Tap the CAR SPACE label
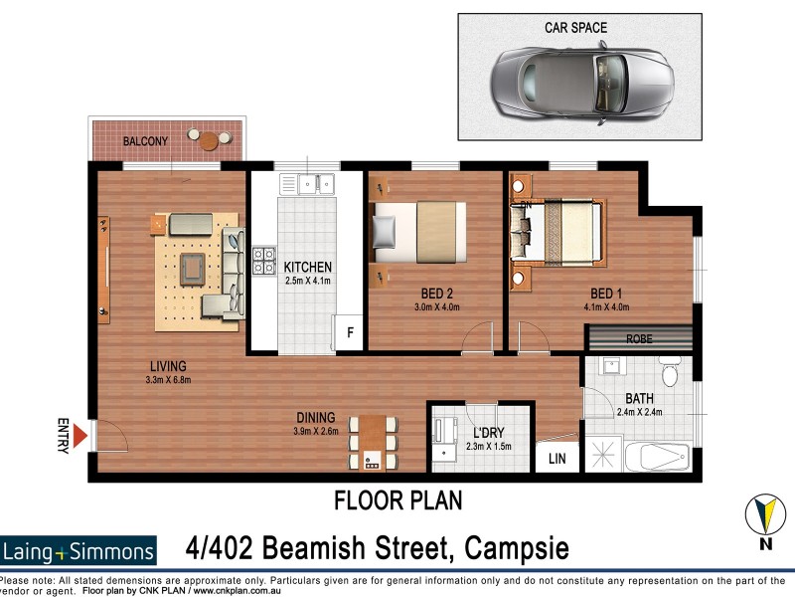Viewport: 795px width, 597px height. click(575, 28)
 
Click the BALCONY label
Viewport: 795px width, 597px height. click(145, 142)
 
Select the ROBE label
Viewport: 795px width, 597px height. click(639, 338)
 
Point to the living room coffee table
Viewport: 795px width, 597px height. click(192, 267)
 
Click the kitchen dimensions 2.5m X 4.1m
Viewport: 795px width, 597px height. click(307, 282)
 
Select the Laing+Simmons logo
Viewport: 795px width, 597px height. click(79, 551)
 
